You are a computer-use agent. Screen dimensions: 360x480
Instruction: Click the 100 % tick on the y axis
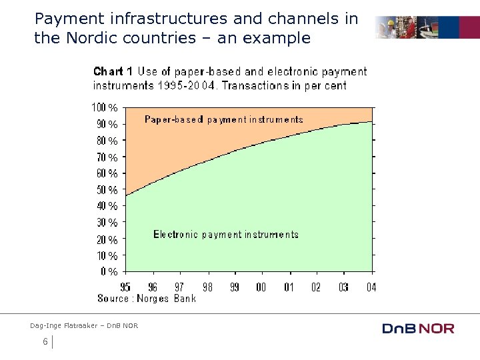104,107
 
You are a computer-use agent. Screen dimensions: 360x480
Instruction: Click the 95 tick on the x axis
125,287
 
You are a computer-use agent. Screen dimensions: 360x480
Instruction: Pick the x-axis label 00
261,287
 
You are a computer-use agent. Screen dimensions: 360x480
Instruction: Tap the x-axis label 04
371,287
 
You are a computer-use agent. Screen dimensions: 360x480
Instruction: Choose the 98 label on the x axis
207,287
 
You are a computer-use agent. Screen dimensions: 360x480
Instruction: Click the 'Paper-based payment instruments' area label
224,120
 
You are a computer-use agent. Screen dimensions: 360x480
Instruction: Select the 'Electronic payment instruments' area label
226,235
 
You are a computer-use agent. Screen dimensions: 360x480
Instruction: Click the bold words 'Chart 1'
113,71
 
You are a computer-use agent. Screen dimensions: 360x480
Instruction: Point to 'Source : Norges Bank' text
147,299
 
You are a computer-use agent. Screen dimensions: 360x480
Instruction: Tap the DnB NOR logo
418,328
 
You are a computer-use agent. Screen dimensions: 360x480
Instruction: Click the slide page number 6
45,342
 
